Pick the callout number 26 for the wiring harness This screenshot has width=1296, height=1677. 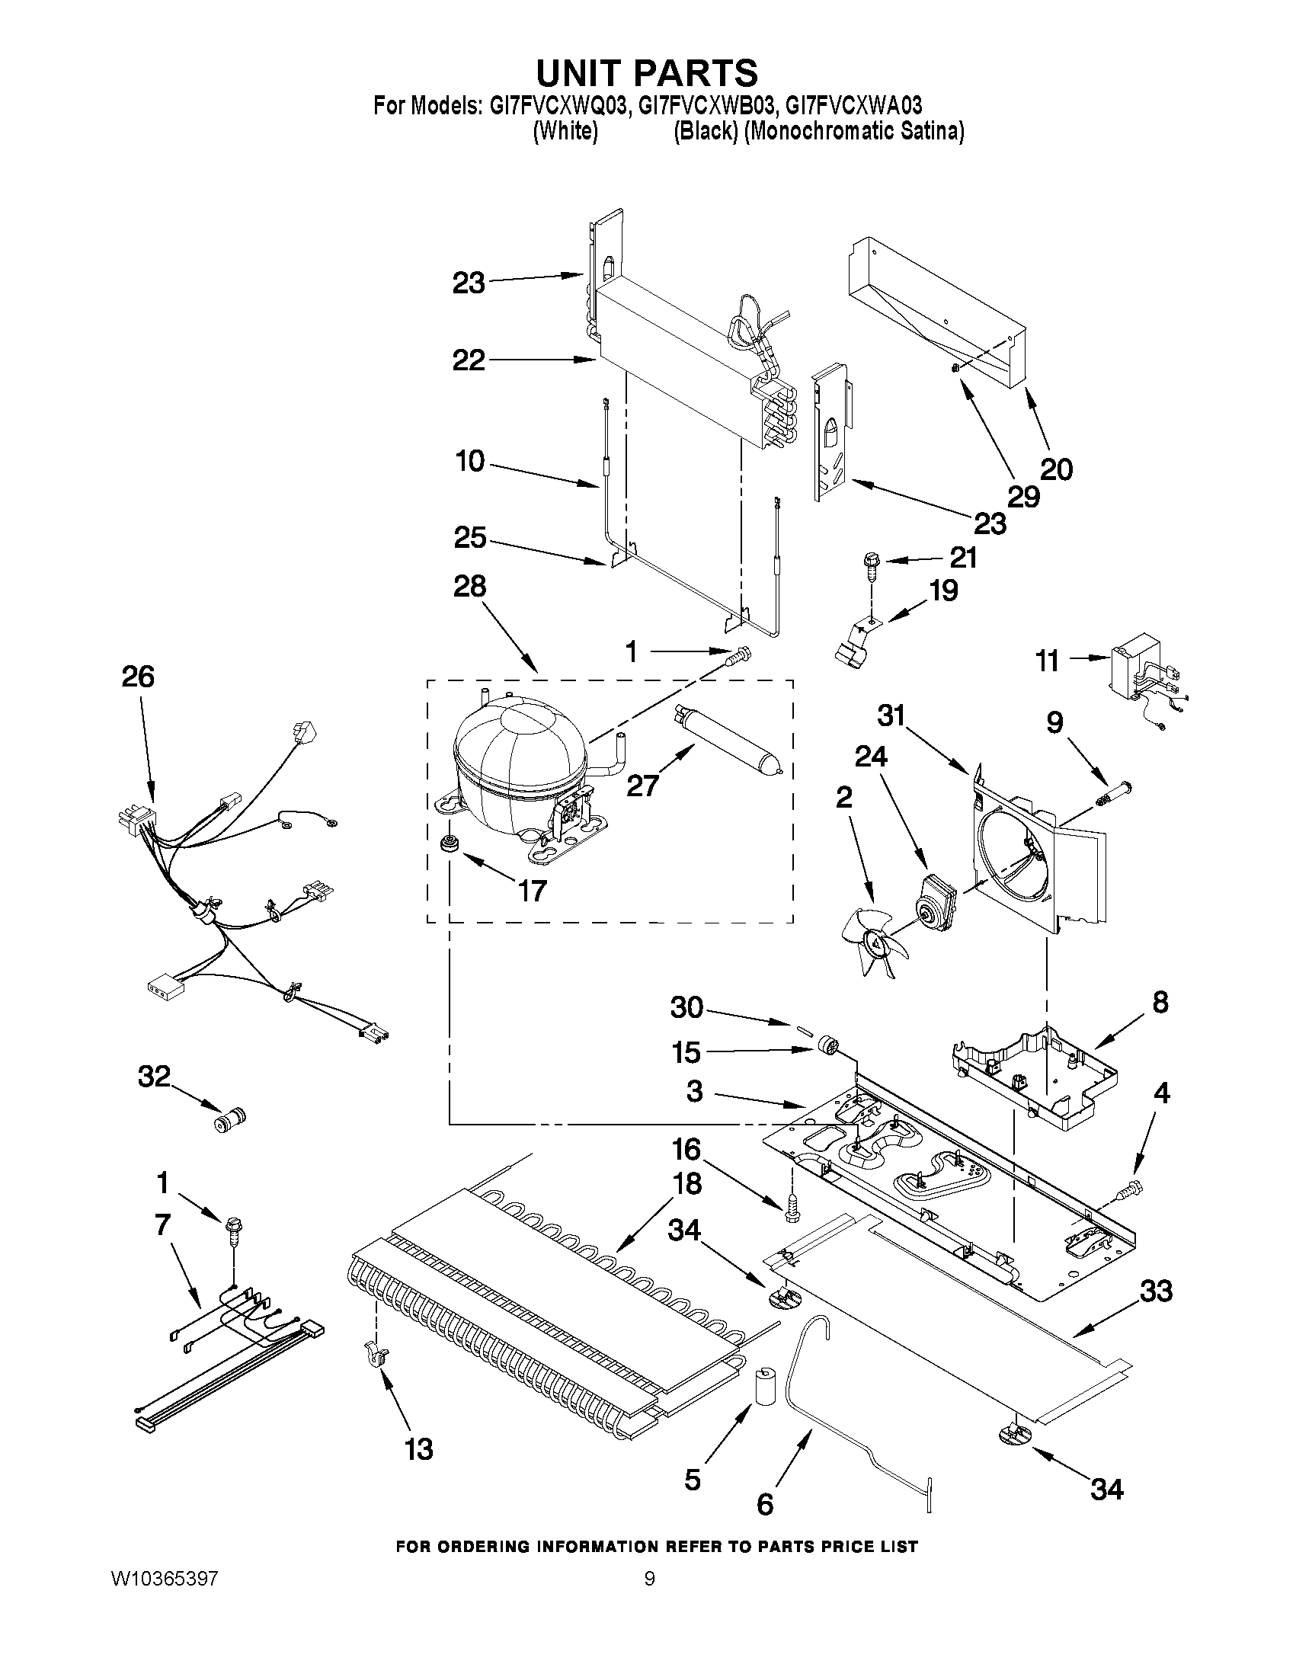coord(138,677)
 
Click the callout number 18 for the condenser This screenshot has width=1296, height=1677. coord(688,1183)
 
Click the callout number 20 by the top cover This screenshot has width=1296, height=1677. coord(1057,469)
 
